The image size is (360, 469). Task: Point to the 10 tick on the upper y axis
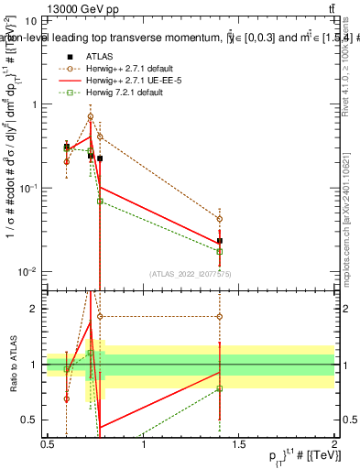pyautogui.click(x=32, y=20)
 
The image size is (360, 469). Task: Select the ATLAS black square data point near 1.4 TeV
pyautogui.click(x=220, y=241)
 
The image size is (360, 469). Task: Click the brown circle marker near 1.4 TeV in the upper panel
pyautogui.click(x=220, y=219)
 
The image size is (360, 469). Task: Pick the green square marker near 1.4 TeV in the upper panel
pyautogui.click(x=220, y=252)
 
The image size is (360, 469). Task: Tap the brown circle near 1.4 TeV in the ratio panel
pyautogui.click(x=220, y=317)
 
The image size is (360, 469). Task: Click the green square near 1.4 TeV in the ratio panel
pyautogui.click(x=220, y=388)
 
